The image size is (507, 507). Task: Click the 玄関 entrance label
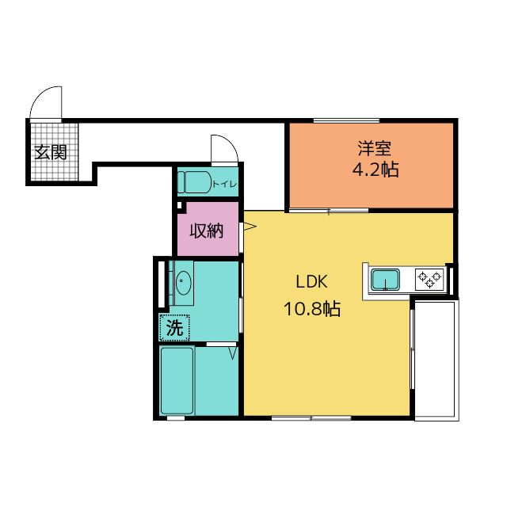click(x=51, y=152)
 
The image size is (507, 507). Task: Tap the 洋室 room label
click(x=375, y=148)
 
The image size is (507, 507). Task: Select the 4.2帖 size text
click(x=375, y=170)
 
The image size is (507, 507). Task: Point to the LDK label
click(x=312, y=282)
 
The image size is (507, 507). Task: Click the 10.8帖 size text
click(x=312, y=309)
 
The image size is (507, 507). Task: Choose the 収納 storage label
click(x=206, y=231)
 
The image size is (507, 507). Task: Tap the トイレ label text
click(x=224, y=185)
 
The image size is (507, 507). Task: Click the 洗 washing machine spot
click(x=174, y=327)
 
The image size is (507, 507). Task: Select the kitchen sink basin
click(x=385, y=280)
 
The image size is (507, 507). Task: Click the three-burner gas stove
click(x=429, y=280)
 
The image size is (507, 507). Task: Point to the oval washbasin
click(x=183, y=282)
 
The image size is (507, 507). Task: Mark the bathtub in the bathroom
click(x=177, y=380)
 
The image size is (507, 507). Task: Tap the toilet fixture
click(x=194, y=182)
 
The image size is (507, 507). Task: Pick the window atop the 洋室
click(x=346, y=121)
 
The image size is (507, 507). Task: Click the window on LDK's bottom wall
click(x=311, y=418)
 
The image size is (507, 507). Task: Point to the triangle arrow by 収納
click(x=250, y=226)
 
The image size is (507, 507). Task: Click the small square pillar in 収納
click(x=180, y=205)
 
